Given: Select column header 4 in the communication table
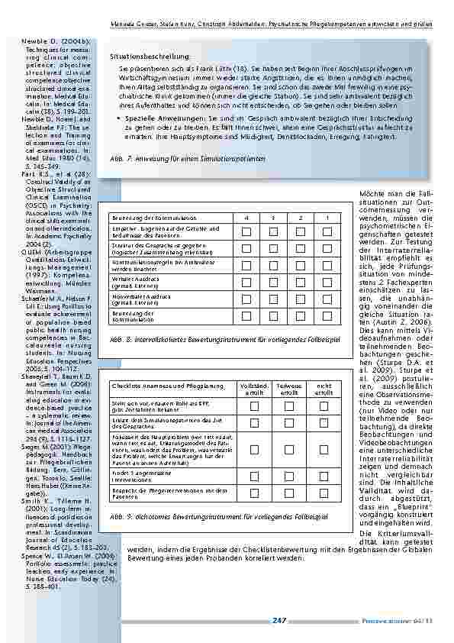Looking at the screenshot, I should click(x=246, y=218).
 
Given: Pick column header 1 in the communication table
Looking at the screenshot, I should click(x=326, y=218).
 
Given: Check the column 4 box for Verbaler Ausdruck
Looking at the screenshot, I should click(x=246, y=281).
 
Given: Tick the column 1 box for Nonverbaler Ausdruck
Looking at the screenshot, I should click(x=326, y=299).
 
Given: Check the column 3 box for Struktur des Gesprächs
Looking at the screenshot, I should click(x=273, y=247).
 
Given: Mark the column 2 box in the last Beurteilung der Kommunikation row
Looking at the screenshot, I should click(x=300, y=315).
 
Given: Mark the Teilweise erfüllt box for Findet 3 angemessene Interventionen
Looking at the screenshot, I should click(x=288, y=475).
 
